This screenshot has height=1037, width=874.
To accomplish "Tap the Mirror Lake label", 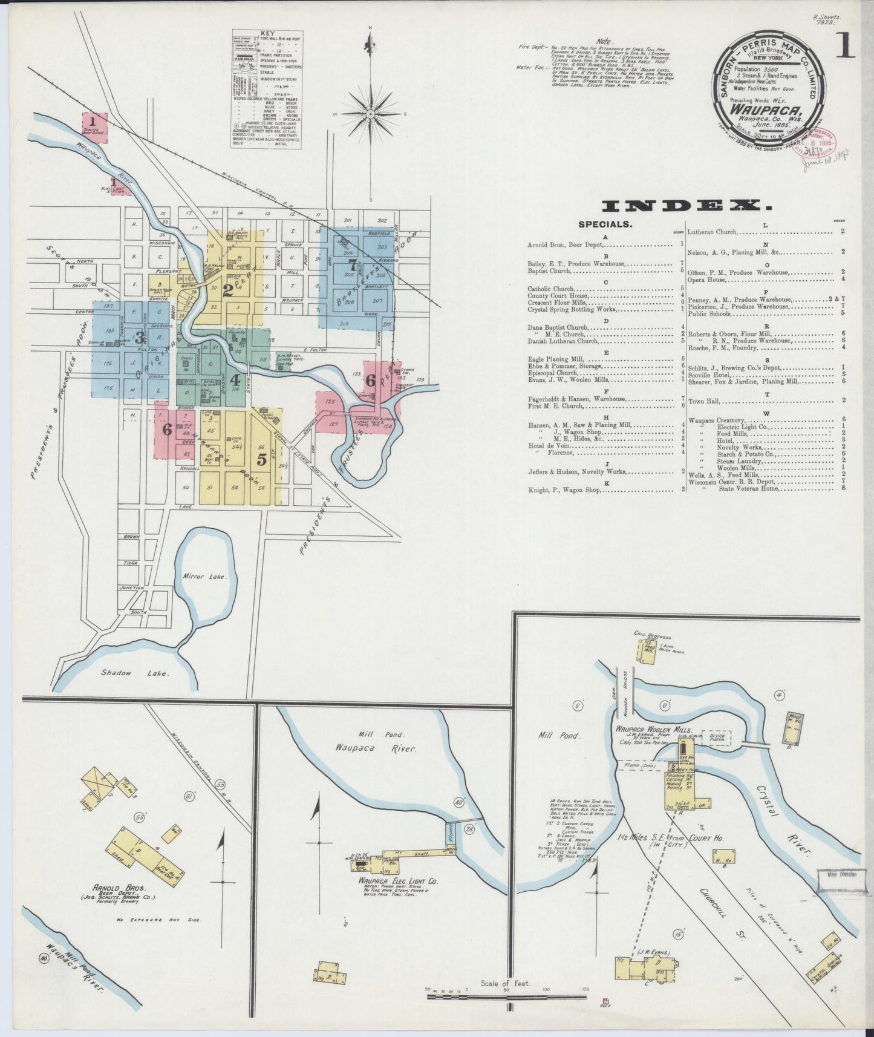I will [x=204, y=577].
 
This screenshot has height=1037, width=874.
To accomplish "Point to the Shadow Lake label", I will [x=135, y=673].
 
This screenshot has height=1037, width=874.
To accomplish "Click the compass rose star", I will [x=370, y=113].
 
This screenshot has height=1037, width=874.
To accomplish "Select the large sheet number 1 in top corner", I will [x=845, y=46].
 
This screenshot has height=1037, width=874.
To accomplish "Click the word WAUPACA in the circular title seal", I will [x=759, y=111].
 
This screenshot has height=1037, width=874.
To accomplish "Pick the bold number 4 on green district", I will [x=235, y=381].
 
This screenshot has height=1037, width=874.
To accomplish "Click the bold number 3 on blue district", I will [x=139, y=337].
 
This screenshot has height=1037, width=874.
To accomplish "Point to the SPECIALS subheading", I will [x=605, y=224].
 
